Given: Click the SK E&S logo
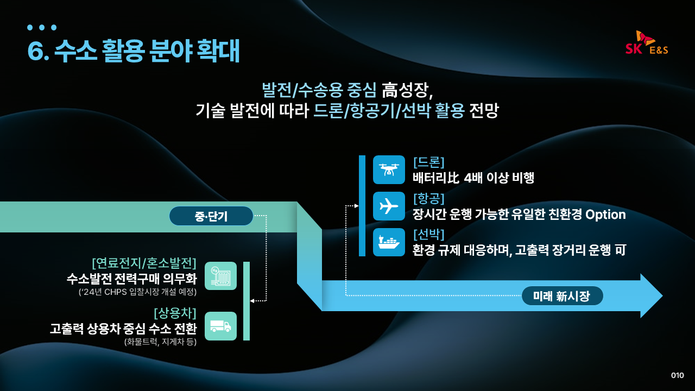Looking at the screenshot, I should (647, 43).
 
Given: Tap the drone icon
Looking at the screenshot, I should (389, 169).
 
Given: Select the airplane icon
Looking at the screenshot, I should (389, 206).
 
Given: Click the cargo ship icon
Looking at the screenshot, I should (389, 242).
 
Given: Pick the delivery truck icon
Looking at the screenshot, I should (220, 326).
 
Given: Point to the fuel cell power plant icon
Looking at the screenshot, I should (220, 276).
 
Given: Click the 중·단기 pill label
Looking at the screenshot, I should (211, 216).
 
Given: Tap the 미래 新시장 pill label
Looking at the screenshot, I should (562, 296).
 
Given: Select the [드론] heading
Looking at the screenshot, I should (429, 162).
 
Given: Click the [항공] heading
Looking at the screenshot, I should (429, 199).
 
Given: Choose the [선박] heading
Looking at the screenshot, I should (429, 235).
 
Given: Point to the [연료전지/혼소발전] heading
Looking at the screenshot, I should (144, 263).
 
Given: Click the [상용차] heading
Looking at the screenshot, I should (175, 313).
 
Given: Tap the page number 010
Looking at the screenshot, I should (677, 375).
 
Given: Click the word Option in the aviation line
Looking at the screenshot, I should (605, 215).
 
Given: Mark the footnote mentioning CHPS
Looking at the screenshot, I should (137, 292).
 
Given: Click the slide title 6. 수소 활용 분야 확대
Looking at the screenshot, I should (134, 52).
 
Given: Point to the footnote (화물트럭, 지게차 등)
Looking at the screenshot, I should (160, 342).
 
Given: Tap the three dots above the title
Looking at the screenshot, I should (42, 27).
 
